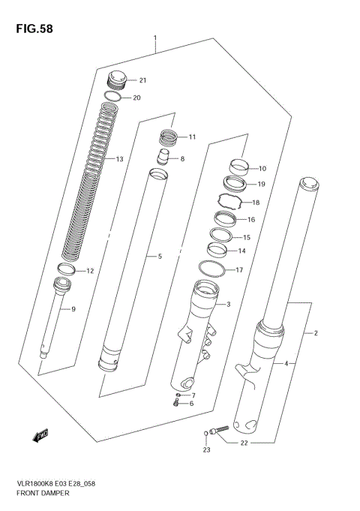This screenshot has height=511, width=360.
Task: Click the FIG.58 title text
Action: click(x=32, y=29)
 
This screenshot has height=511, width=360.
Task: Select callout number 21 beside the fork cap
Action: click(x=142, y=81)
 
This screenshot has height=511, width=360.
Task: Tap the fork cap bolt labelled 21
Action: click(x=117, y=79)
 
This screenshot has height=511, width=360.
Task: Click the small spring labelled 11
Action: click(x=169, y=138)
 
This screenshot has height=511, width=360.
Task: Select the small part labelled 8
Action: click(x=165, y=158)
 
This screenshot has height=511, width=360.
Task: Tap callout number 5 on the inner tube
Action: click(x=159, y=257)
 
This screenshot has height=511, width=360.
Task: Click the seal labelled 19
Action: click(x=237, y=183)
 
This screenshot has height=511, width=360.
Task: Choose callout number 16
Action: click(x=251, y=221)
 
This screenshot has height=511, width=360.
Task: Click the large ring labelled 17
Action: click(x=212, y=269)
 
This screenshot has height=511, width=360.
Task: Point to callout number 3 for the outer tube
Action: click(x=228, y=304)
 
